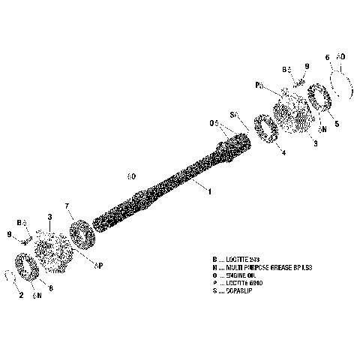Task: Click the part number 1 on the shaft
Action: (x=210, y=192)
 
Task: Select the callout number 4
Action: (x=282, y=153)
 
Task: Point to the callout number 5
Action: (x=337, y=125)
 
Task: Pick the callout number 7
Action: (x=67, y=205)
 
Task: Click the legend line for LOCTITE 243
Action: (x=240, y=259)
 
